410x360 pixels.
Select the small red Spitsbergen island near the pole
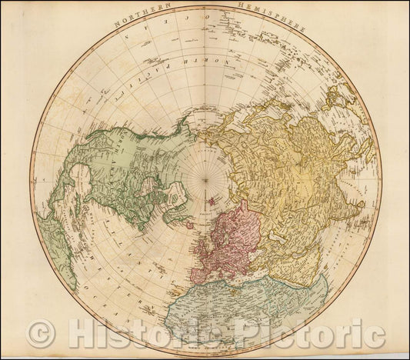tap(209, 202)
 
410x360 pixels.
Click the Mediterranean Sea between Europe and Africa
tap(238, 284)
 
